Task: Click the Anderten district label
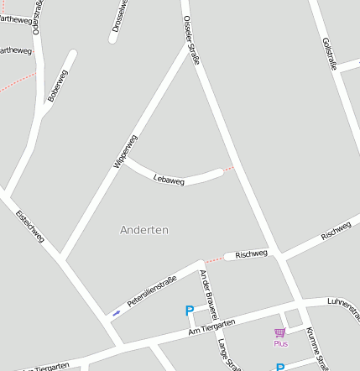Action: [144, 229]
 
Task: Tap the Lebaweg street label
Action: [170, 179]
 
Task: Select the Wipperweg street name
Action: [125, 151]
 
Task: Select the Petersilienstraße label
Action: [152, 290]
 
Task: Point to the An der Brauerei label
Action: [208, 293]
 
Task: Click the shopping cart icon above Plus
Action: [279, 333]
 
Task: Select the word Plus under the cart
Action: [280, 344]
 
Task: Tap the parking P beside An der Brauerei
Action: [190, 311]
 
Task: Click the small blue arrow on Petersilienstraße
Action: [116, 312]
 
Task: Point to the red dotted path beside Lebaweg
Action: [229, 169]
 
